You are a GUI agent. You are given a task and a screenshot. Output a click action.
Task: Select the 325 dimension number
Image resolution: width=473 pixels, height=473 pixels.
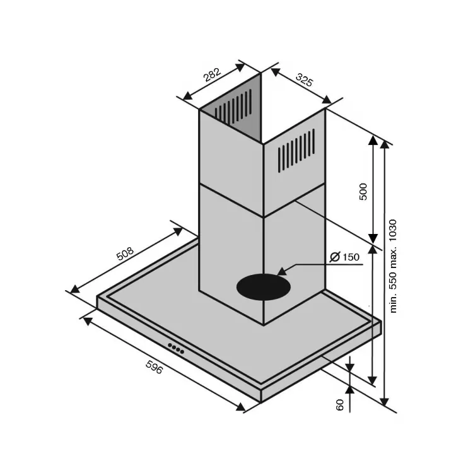305,79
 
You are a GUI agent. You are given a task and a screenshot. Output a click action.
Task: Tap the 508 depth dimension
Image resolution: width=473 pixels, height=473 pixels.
125,254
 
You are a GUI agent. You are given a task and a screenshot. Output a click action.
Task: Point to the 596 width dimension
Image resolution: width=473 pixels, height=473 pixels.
154,367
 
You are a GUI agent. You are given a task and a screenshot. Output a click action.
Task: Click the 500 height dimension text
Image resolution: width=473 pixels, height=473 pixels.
363,192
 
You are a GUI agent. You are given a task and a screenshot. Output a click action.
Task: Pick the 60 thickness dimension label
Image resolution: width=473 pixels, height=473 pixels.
340,404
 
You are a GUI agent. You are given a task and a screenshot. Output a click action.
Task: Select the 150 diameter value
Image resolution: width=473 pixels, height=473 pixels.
351,257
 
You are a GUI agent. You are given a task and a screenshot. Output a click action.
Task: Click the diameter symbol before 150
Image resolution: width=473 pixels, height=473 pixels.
335,257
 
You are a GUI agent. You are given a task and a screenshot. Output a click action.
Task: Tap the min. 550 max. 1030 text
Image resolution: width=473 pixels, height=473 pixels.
393,266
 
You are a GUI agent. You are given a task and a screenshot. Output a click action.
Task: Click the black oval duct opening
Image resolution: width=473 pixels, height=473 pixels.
264,287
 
